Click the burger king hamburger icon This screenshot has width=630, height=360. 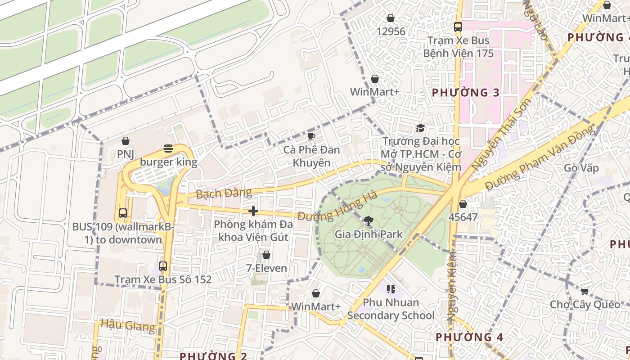tap(168, 148)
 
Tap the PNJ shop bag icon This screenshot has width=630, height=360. tap(126, 141)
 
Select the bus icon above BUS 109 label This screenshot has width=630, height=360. tap(122, 213)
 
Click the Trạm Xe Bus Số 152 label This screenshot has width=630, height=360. tap(163, 279)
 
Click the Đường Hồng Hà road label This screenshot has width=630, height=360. tap(337, 207)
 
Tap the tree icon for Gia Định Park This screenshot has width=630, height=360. tap(368, 221)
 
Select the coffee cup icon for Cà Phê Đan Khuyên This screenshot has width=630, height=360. tap(310, 136)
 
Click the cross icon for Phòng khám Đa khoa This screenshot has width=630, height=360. tap(253, 211)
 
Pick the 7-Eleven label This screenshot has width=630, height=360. tap(266, 268)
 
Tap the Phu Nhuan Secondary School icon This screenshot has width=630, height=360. tap(391, 289)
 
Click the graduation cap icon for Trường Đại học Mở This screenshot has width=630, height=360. tap(420, 128)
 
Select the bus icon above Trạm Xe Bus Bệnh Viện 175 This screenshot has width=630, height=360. tap(458, 27)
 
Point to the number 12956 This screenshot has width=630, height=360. tap(391, 31)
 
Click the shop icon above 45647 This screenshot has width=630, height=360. tap(463, 204)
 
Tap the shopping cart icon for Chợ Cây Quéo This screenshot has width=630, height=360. tap(585, 292)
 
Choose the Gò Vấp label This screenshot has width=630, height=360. tap(581, 168)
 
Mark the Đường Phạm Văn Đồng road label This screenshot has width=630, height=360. tap(540, 157)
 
